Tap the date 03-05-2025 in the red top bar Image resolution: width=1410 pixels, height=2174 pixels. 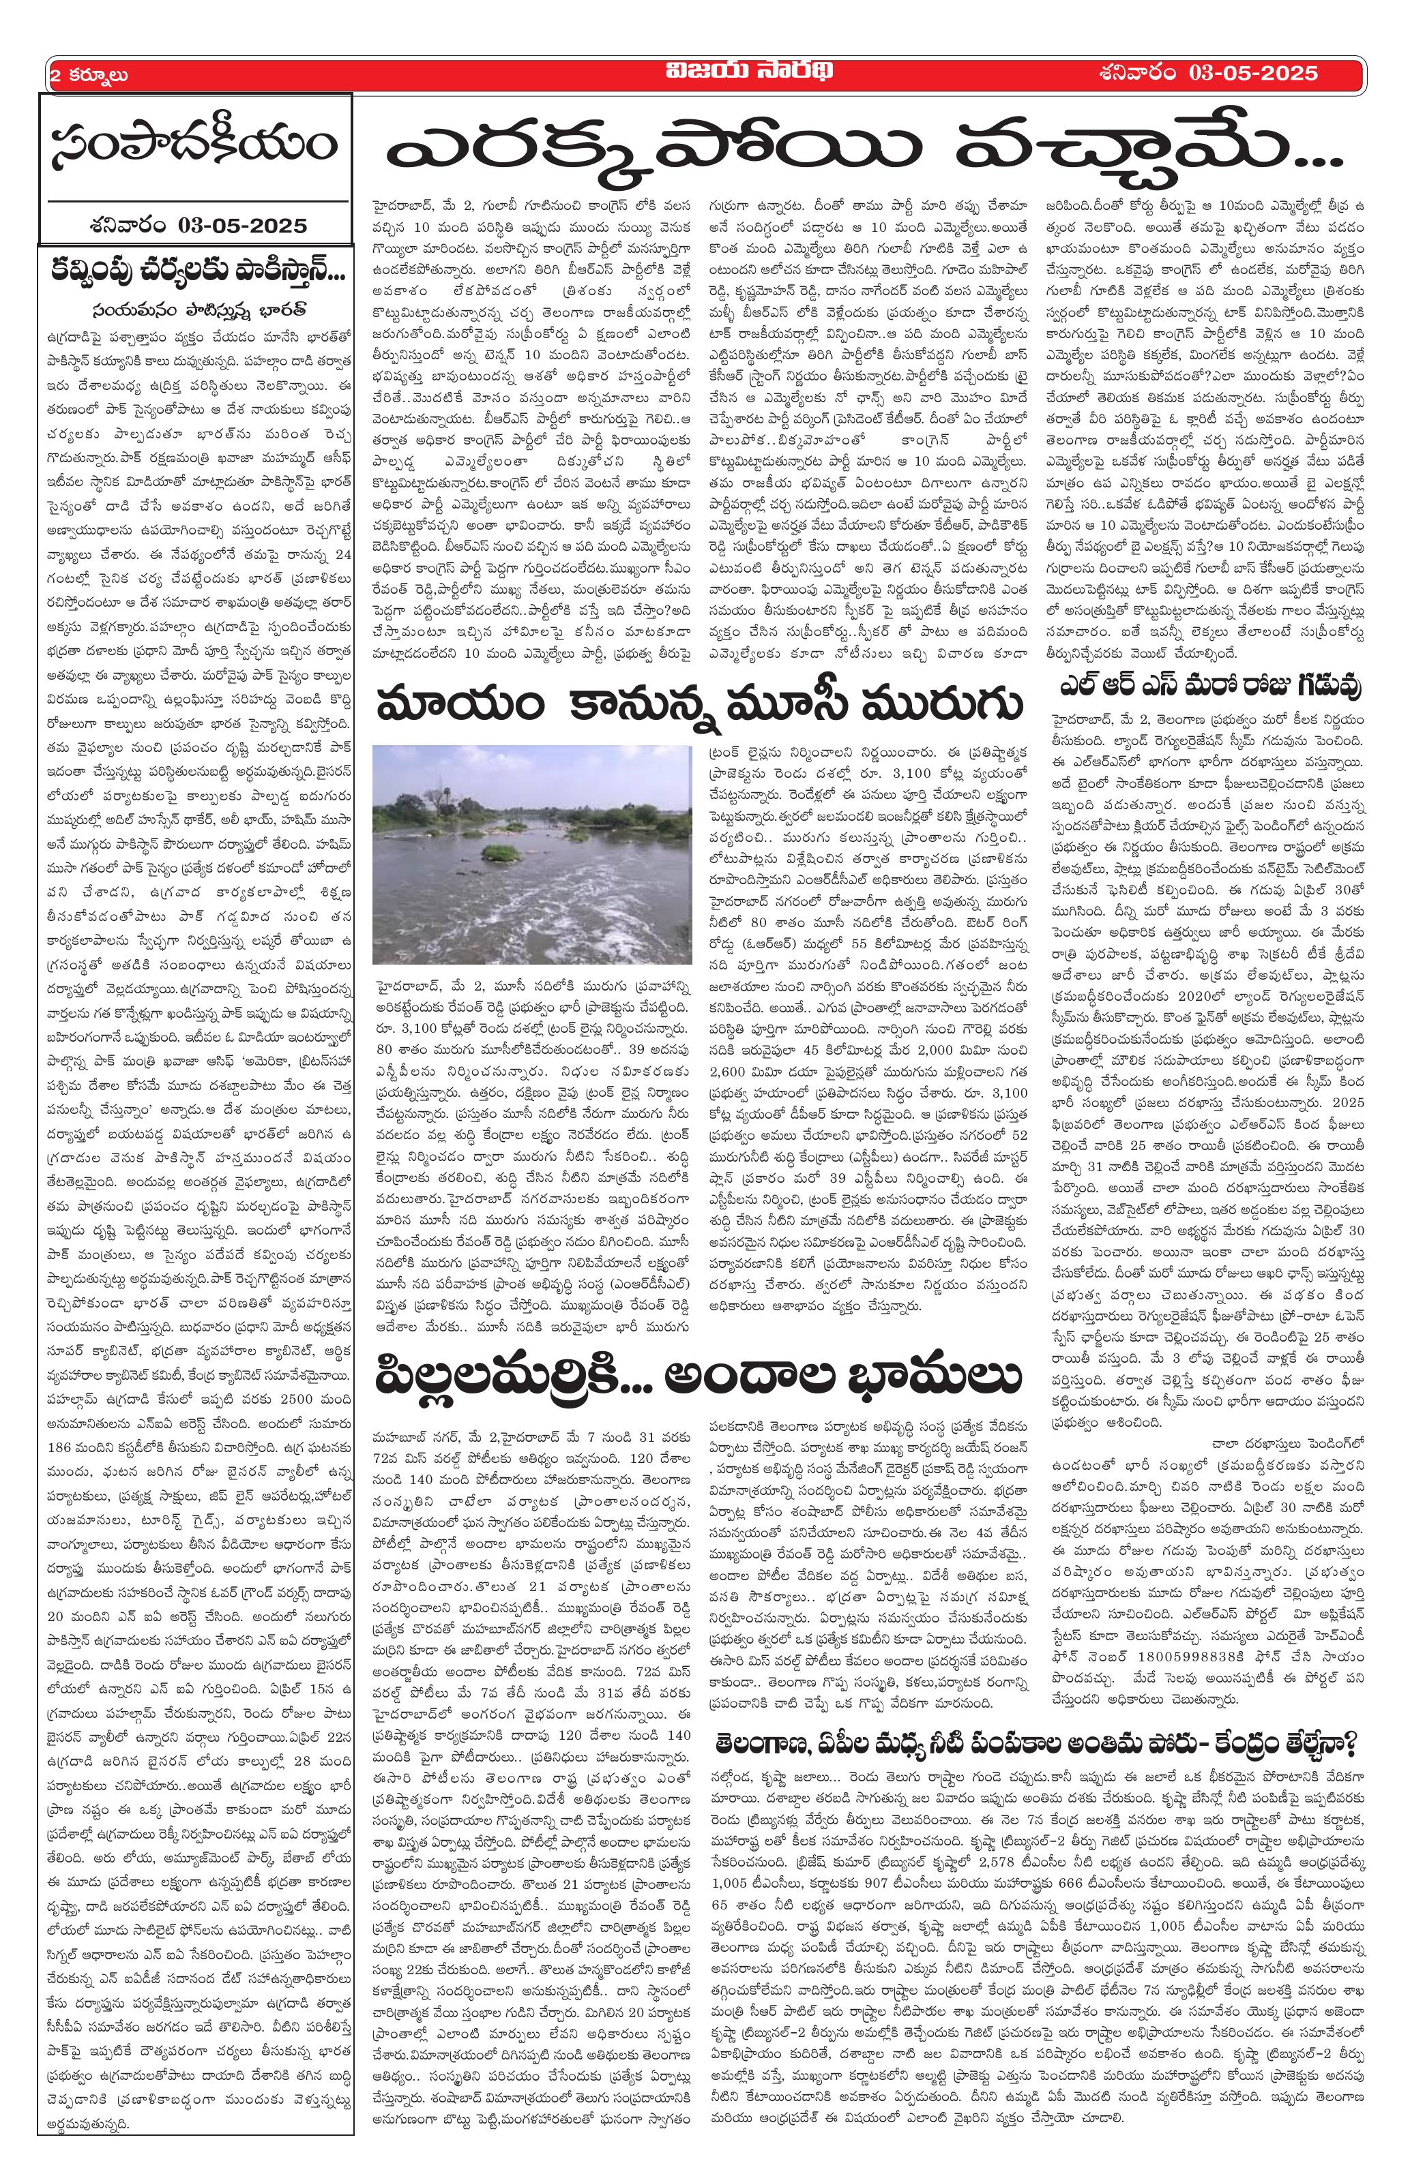point(1257,72)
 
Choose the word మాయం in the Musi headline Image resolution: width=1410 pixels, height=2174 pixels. point(439,708)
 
